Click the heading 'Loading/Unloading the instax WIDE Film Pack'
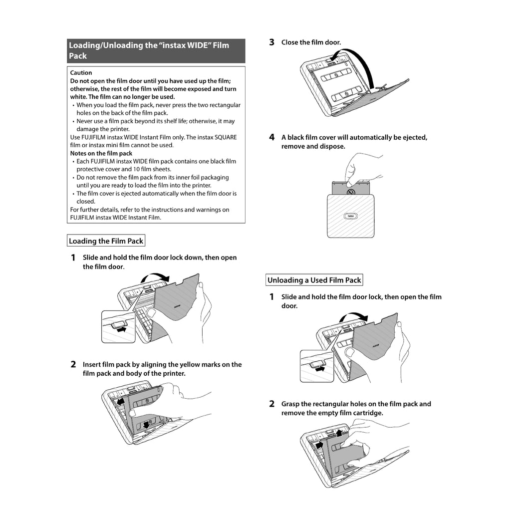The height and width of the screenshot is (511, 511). [x=149, y=50]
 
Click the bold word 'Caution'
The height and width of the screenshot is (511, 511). [x=81, y=73]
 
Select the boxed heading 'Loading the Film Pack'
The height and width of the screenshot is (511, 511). [x=106, y=241]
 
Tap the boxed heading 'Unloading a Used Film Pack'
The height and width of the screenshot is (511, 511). [x=314, y=280]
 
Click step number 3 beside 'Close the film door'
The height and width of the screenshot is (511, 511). [x=271, y=42]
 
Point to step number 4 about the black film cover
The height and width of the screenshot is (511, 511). [x=271, y=137]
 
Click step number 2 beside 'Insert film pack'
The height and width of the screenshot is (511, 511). [x=73, y=365]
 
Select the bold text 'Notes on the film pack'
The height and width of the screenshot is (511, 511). [x=101, y=153]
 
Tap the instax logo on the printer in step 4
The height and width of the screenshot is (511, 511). [x=350, y=216]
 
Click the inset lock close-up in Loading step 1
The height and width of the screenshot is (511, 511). [x=118, y=326]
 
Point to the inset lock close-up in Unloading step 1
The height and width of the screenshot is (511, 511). [x=316, y=366]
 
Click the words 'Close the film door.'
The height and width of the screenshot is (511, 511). [x=311, y=42]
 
